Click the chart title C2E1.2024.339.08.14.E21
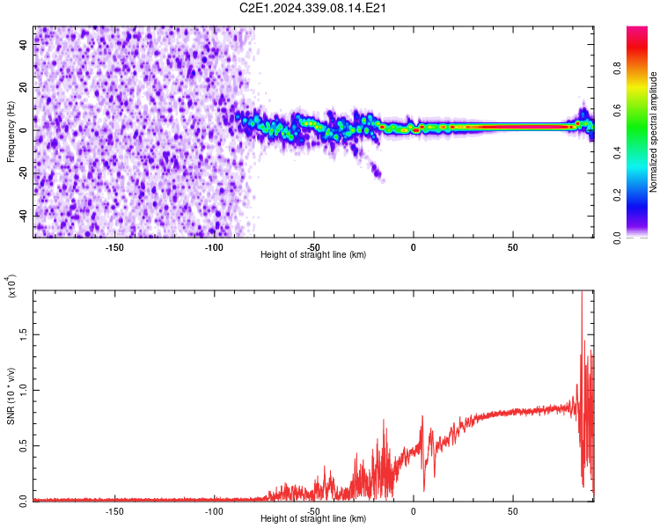coord(314,8)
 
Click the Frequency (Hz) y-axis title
coord(11,131)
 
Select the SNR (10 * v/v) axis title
coord(11,396)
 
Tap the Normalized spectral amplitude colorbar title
coord(654,131)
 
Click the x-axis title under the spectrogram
coord(313,255)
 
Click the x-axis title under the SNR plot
coord(313,519)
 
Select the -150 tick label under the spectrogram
coord(114,246)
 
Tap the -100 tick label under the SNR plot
coord(214,510)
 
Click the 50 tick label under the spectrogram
coord(512,246)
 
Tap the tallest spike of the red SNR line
coord(582,295)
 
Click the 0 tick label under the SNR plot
coord(413,510)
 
